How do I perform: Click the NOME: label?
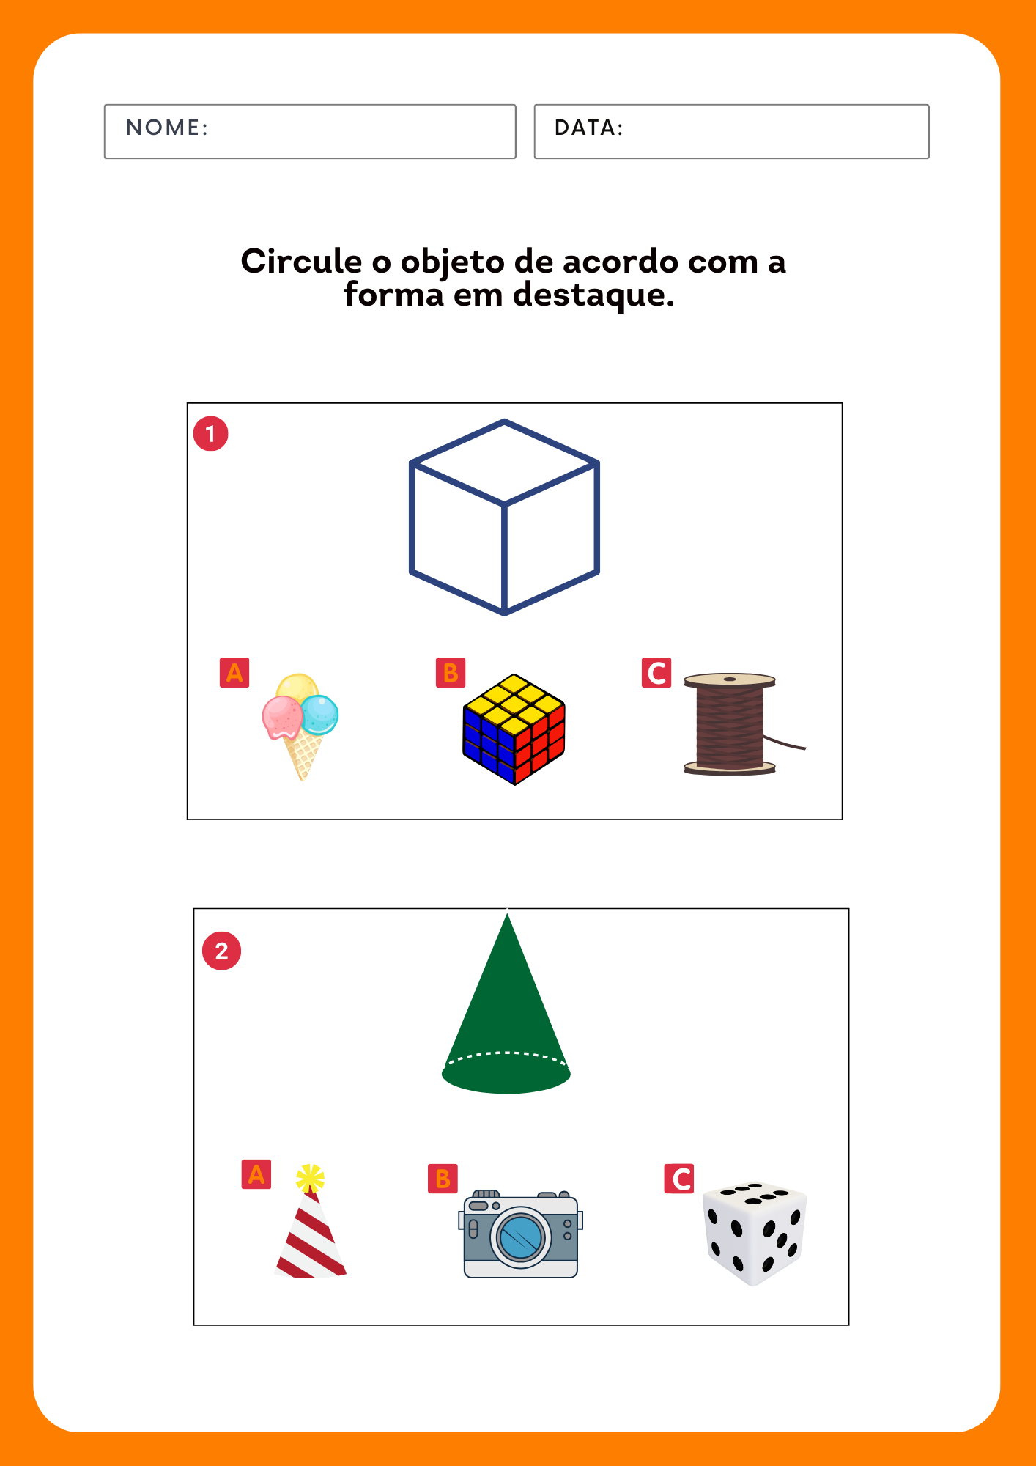click(167, 128)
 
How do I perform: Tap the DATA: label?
click(589, 128)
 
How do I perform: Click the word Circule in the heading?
click(301, 262)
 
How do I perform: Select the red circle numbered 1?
click(211, 433)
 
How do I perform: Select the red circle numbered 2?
click(221, 951)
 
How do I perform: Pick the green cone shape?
click(506, 1012)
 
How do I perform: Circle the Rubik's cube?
click(514, 730)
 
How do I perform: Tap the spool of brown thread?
click(733, 724)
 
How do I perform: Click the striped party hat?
click(311, 1223)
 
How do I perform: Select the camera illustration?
click(521, 1234)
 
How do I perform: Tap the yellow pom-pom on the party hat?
click(310, 1178)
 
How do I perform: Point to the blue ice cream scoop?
click(320, 715)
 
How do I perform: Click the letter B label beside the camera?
click(443, 1179)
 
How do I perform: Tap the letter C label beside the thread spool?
click(656, 672)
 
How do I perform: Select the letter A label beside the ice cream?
click(234, 672)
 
